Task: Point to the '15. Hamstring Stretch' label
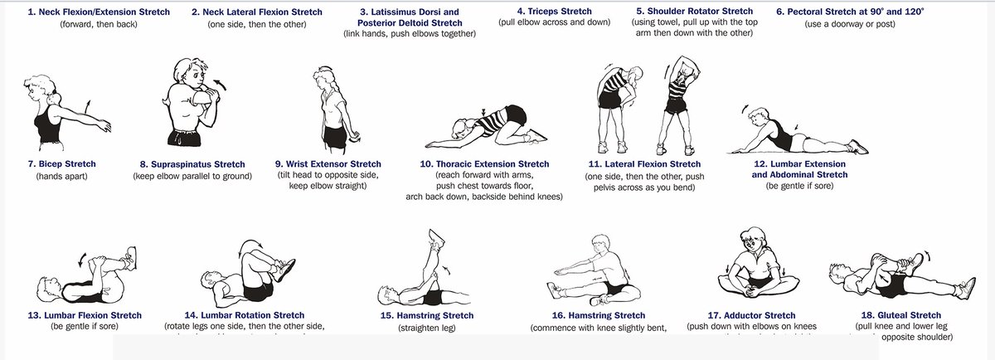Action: [x=426, y=316]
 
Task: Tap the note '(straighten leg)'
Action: [x=426, y=328]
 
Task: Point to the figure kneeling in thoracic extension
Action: [x=489, y=124]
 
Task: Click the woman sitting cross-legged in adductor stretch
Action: [x=752, y=265]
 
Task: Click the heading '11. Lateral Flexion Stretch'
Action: [x=643, y=164]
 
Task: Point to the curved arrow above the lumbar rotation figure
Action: [x=250, y=246]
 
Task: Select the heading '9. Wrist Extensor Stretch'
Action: [x=328, y=164]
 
